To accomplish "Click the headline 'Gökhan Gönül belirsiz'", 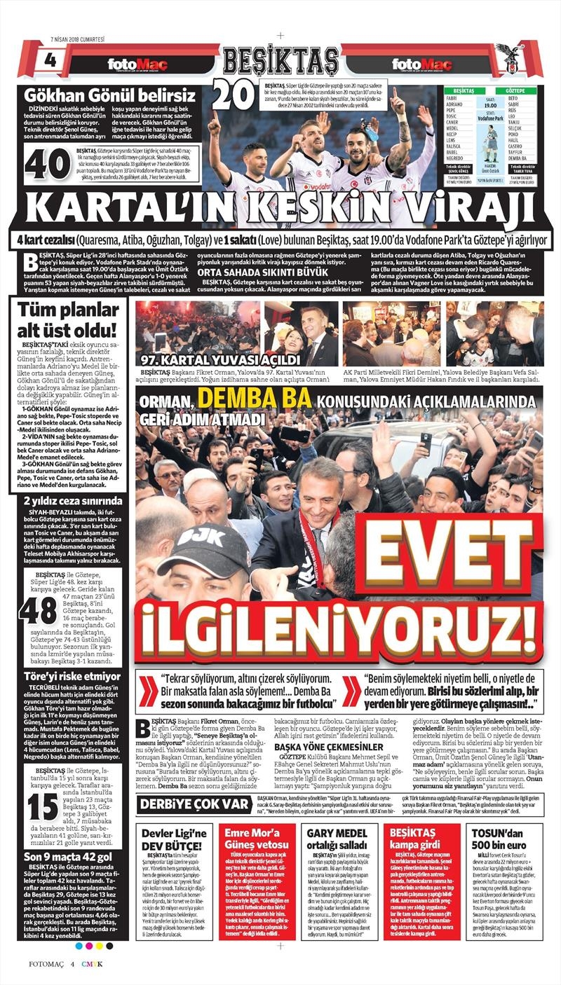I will tap(110, 96).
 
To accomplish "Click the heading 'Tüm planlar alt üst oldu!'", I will tap(72, 319).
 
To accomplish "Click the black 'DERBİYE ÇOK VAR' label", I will tap(195, 804).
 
